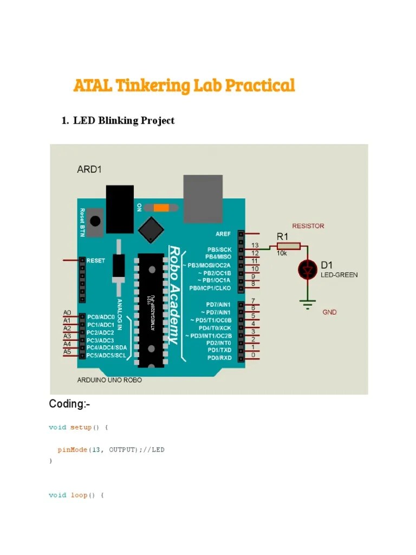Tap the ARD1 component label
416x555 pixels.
click(x=89, y=169)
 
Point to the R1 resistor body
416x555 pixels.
click(x=289, y=246)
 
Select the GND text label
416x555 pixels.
click(x=329, y=312)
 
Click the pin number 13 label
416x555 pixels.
click(x=255, y=245)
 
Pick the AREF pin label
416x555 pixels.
click(x=223, y=234)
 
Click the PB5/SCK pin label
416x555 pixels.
click(x=218, y=249)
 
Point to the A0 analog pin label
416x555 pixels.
click(x=67, y=313)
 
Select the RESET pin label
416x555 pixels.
click(x=96, y=261)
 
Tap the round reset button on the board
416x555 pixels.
click(x=95, y=221)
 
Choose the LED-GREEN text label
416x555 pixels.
click(x=339, y=275)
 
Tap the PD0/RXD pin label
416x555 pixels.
click(x=219, y=358)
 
